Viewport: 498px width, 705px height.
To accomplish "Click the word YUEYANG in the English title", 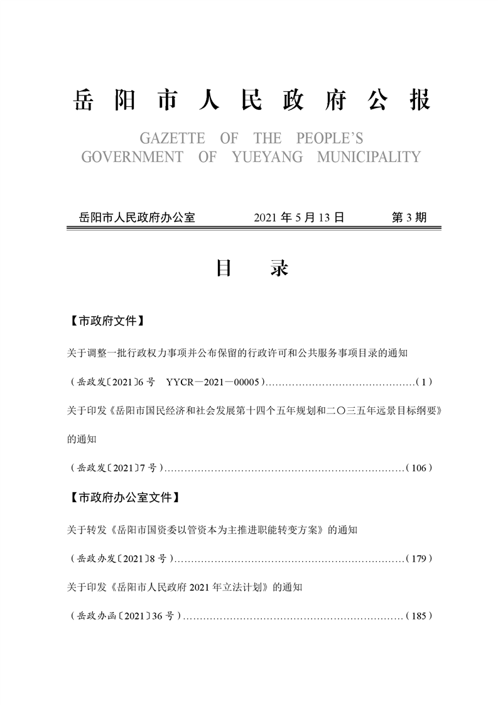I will click(x=266, y=156).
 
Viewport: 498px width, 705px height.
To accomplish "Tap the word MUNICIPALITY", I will click(x=368, y=156).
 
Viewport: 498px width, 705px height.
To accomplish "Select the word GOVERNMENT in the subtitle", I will click(x=132, y=156).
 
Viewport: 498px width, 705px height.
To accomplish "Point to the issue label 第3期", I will click(x=409, y=217).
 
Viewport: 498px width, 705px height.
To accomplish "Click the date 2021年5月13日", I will click(x=299, y=217).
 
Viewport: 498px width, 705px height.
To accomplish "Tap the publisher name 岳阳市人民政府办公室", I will click(x=134, y=217).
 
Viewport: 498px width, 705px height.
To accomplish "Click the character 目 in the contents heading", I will click(x=224, y=268).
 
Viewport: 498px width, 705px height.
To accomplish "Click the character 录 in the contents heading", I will click(x=279, y=268).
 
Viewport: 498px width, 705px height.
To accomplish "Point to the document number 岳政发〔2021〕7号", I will click(x=117, y=467).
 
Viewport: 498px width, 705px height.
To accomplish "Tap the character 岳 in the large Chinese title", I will click(x=84, y=101).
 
